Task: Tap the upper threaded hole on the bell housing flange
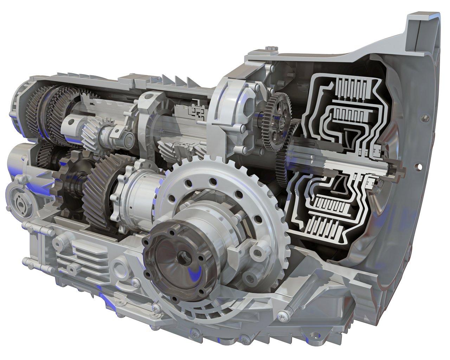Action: (423, 118)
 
